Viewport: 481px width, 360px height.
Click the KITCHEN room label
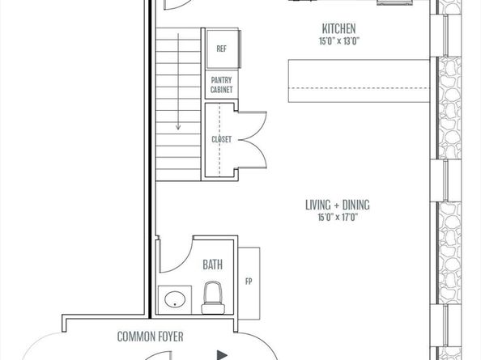click(x=339, y=28)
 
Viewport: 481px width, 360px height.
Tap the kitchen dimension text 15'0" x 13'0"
click(x=339, y=41)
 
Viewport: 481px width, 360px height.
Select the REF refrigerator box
click(x=223, y=49)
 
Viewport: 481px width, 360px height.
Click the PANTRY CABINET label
click(x=221, y=85)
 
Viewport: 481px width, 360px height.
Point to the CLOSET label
click(x=221, y=139)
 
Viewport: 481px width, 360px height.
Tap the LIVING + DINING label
click(x=338, y=205)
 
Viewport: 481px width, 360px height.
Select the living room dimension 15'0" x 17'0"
click(x=338, y=218)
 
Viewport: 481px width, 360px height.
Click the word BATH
click(x=213, y=265)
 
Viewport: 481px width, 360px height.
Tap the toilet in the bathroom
click(x=213, y=298)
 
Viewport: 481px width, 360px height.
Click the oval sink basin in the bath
click(x=175, y=299)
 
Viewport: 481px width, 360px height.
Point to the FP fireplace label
click(x=249, y=282)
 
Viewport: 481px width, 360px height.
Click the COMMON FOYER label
click(x=151, y=337)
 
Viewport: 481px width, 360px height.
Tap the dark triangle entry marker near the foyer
click(x=222, y=355)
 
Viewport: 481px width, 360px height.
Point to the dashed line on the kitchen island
click(x=359, y=88)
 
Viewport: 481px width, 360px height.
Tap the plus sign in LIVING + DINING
click(x=337, y=205)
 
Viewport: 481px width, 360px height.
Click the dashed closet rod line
click(x=219, y=140)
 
